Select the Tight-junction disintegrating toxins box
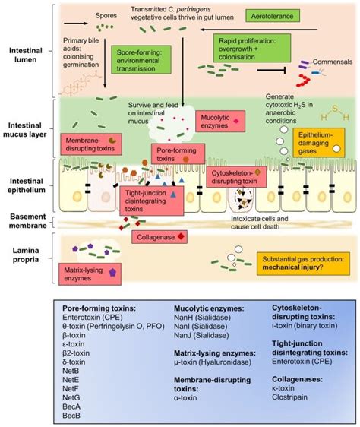click(145, 198)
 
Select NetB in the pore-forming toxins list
click(68, 370)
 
